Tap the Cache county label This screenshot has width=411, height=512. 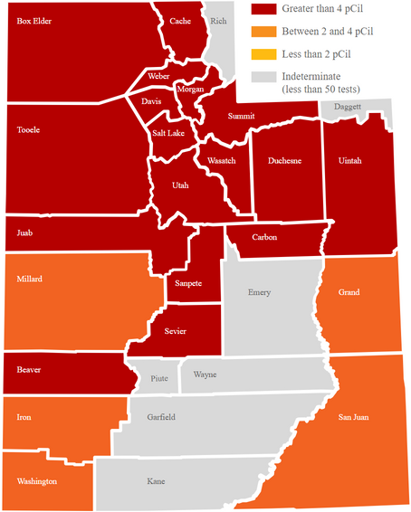pos(180,21)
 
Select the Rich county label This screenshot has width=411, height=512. pos(218,20)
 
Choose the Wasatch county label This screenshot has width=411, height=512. pos(221,160)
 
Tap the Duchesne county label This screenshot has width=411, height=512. pos(284,161)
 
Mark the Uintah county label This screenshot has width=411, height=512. pos(349,160)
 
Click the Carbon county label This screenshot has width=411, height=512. pos(264,237)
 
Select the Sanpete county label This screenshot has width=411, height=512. pos(183,284)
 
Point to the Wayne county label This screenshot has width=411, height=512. pos(205,374)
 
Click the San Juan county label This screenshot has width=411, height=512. pos(353,417)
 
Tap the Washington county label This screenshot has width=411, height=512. pos(37,481)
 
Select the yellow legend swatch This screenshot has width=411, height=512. pos(263,55)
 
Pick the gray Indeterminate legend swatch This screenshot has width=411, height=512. pos(263,78)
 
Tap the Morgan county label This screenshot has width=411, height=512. pos(190,90)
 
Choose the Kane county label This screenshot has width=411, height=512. pos(156,481)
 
